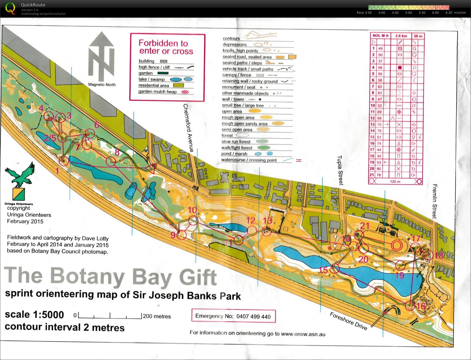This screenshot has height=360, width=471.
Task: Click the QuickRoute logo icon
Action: pos(10,8)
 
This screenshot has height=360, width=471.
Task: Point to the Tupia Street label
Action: pos(340,170)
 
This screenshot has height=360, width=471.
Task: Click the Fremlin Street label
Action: pos(434,201)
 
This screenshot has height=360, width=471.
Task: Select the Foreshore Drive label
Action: pos(348,321)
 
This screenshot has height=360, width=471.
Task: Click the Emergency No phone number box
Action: pos(233,316)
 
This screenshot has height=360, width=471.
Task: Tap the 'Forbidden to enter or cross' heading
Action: pos(166,47)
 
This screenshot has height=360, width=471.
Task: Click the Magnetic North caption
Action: pos(102,85)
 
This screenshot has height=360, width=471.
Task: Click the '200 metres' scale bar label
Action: pos(157,316)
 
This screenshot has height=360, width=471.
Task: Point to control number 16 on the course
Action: pos(421,306)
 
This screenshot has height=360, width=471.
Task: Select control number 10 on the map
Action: pos(192,210)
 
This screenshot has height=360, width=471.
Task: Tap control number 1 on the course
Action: pos(57,171)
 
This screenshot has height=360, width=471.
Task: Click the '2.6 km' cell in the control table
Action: pos(401,36)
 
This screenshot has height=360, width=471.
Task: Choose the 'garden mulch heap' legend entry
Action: pos(157,91)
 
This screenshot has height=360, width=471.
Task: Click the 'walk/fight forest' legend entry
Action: pos(237,148)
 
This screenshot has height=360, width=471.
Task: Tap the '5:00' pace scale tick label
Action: pos(408,13)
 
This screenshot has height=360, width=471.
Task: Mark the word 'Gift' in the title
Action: pos(198,277)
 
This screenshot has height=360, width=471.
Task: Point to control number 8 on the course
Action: pos(117,152)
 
